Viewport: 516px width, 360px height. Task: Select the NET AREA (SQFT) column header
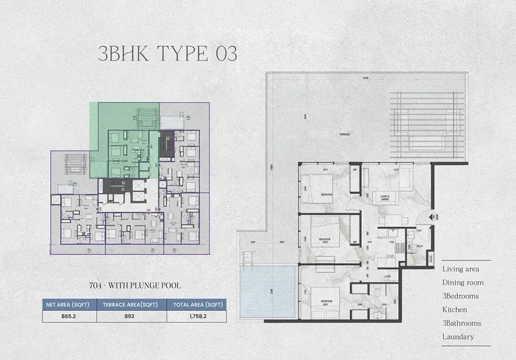point(67,304)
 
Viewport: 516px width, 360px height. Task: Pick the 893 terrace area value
point(129,316)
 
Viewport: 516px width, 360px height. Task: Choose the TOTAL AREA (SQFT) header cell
point(196,304)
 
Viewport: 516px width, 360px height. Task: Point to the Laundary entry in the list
point(458,337)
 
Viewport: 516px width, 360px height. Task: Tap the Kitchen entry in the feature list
point(455,310)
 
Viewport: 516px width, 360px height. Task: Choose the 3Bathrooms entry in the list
point(462,323)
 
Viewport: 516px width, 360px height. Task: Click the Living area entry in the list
point(460,269)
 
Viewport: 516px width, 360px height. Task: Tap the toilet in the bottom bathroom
point(376,292)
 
